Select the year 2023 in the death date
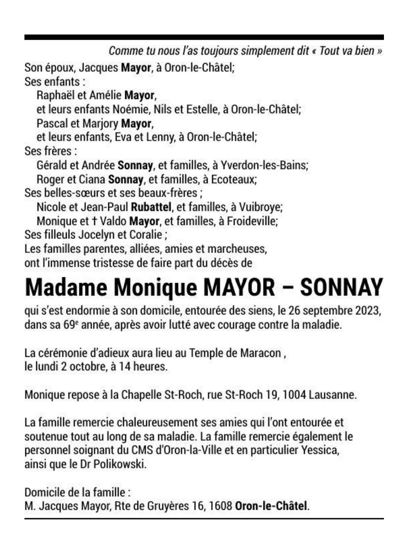(x=370, y=312)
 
